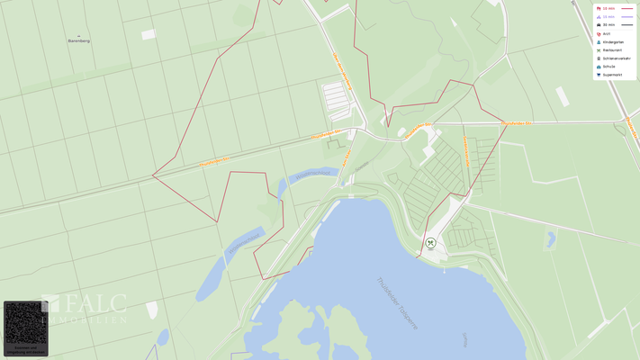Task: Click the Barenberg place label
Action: pos(79,41)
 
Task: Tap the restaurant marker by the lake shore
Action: pos(430,243)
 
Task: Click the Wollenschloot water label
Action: pos(243,243)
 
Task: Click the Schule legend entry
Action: pos(608,67)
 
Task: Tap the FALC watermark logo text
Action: pos(94,304)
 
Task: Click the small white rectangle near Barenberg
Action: pos(148,34)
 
